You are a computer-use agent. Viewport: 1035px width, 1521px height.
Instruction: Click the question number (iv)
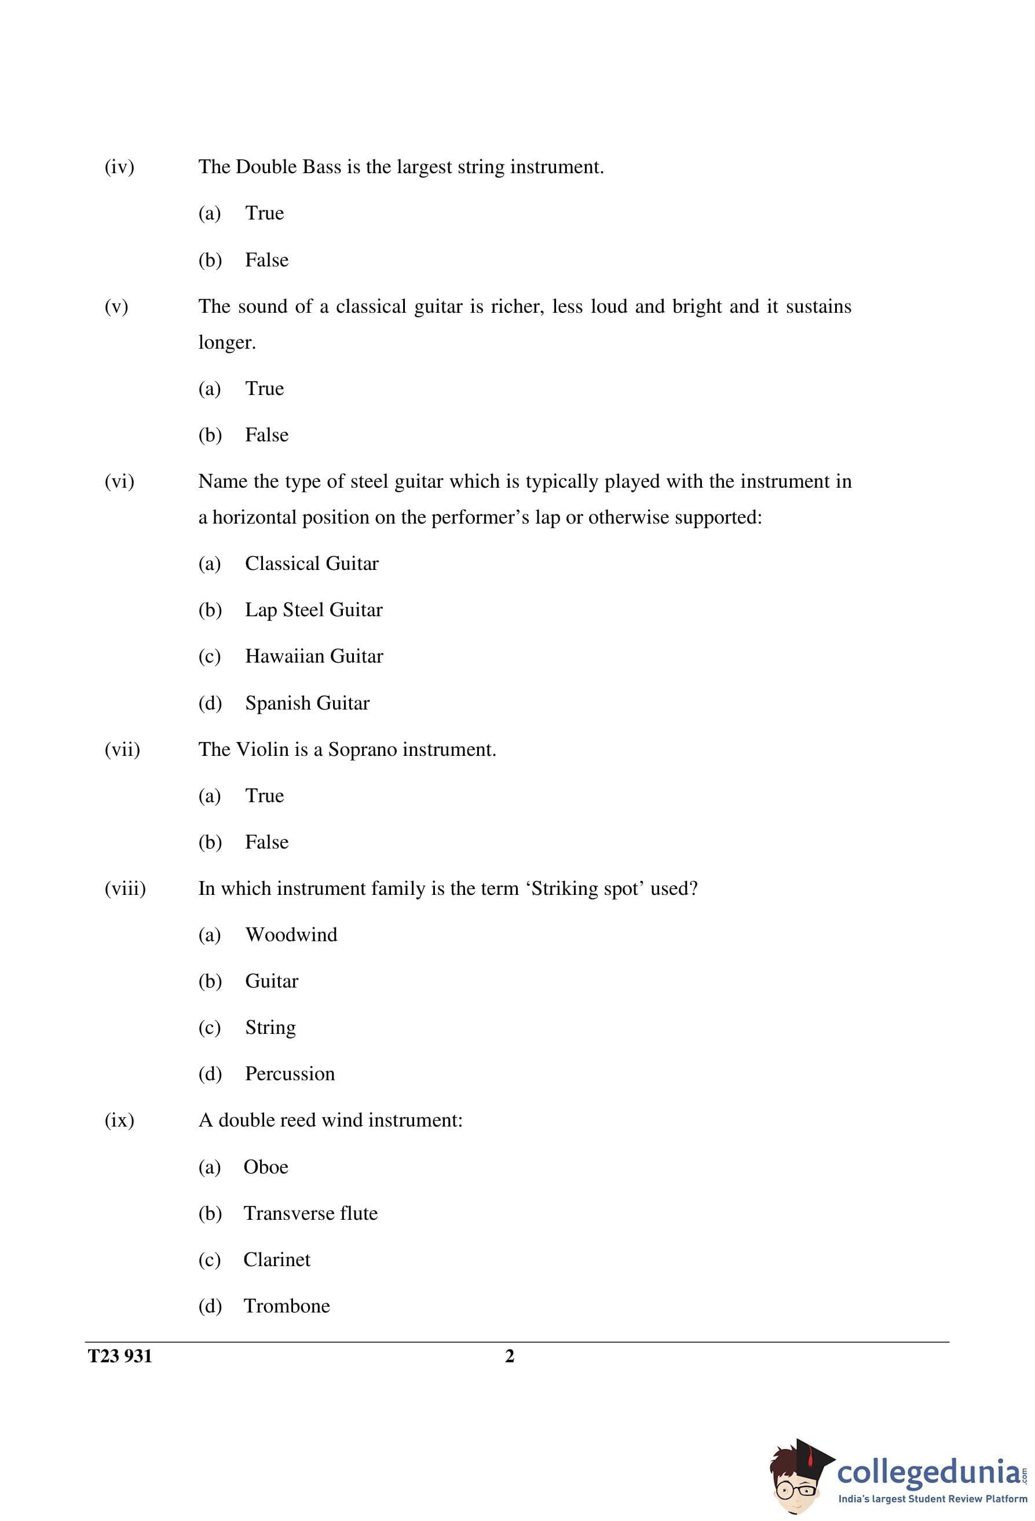[119, 167]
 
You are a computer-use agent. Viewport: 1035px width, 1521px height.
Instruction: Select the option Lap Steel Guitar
[313, 610]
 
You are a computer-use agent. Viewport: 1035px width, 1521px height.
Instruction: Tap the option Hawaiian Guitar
[313, 656]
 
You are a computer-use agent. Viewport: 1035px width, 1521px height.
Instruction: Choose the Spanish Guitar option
[307, 703]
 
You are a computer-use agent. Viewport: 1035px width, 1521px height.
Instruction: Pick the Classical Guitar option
[312, 564]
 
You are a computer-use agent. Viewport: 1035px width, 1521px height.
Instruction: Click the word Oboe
[266, 1167]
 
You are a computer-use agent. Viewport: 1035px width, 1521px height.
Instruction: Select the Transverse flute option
[310, 1213]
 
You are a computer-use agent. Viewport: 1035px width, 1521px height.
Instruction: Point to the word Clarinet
[276, 1260]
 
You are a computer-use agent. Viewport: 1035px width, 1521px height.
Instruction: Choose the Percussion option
[290, 1074]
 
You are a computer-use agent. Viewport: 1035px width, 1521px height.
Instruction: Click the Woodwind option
[291, 935]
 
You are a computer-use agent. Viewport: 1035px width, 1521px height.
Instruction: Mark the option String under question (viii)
[270, 1028]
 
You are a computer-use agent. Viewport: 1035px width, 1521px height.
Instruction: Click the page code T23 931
[120, 1357]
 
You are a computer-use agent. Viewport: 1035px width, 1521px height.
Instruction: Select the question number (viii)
[125, 889]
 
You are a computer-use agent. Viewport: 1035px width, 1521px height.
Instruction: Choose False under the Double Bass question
[266, 261]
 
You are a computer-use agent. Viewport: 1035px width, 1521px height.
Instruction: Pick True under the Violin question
[265, 796]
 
